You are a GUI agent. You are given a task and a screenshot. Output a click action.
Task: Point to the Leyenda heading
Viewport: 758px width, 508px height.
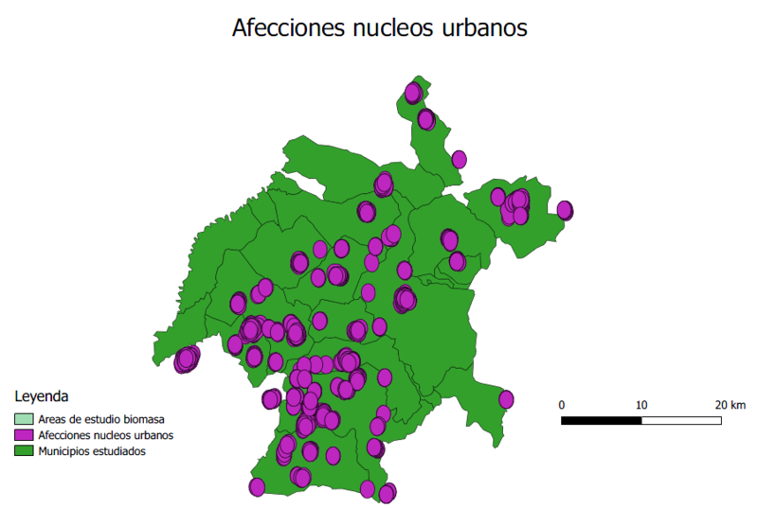pos(41,395)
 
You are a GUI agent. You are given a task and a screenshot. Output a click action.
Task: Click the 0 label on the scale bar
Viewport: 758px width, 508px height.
pos(563,405)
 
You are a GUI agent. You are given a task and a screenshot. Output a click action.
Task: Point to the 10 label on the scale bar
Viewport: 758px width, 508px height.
pos(642,405)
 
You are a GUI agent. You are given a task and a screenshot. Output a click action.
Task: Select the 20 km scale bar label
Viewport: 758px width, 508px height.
pos(731,405)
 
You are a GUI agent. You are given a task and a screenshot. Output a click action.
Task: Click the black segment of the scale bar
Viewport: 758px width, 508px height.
pos(602,419)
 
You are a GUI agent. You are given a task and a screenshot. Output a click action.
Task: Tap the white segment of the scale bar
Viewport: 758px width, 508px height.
pos(682,419)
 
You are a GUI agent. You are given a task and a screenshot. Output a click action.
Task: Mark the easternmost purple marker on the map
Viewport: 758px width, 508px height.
pos(566,210)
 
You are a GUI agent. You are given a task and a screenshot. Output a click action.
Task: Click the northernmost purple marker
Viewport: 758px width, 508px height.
pos(413,93)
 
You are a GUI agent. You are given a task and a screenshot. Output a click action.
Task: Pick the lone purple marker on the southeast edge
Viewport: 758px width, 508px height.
pos(506,399)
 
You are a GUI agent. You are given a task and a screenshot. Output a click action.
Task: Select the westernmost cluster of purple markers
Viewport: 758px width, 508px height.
pos(187,359)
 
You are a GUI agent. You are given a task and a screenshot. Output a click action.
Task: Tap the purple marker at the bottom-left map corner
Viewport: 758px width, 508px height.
pos(257,487)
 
